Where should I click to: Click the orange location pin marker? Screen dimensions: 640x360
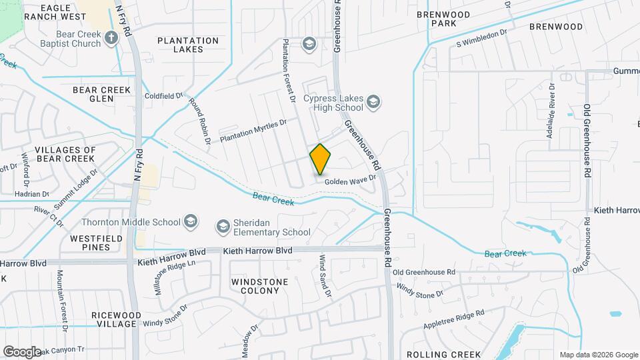tap(321, 159)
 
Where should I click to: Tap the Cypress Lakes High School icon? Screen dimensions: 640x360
tap(373, 102)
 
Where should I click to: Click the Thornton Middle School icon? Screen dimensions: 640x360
tap(191, 222)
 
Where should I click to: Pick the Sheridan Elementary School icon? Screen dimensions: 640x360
tap(223, 227)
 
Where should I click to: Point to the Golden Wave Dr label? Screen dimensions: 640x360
tap(351, 179)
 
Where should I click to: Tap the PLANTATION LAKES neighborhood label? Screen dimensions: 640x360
tap(188, 45)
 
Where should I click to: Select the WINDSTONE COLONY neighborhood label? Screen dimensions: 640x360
tap(255, 286)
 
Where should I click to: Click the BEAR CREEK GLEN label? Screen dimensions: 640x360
tap(101, 94)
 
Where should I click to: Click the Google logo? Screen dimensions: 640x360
tap(22, 351)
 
